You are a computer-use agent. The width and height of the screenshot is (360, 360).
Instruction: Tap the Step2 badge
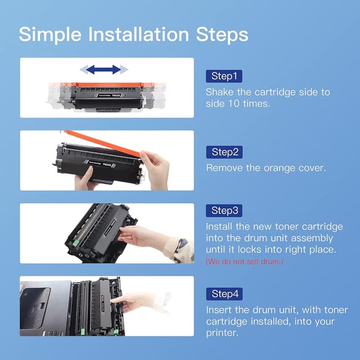225,152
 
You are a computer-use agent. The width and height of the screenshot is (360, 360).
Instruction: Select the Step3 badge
225,211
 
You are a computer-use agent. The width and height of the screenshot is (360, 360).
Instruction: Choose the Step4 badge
225,294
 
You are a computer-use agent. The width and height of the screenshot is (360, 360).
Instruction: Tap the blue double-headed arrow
103,70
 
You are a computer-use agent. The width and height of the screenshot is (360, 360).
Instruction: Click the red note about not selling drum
245,262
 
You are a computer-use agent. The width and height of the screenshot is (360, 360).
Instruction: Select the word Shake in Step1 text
220,92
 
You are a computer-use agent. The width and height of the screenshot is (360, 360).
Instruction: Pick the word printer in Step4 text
223,333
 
